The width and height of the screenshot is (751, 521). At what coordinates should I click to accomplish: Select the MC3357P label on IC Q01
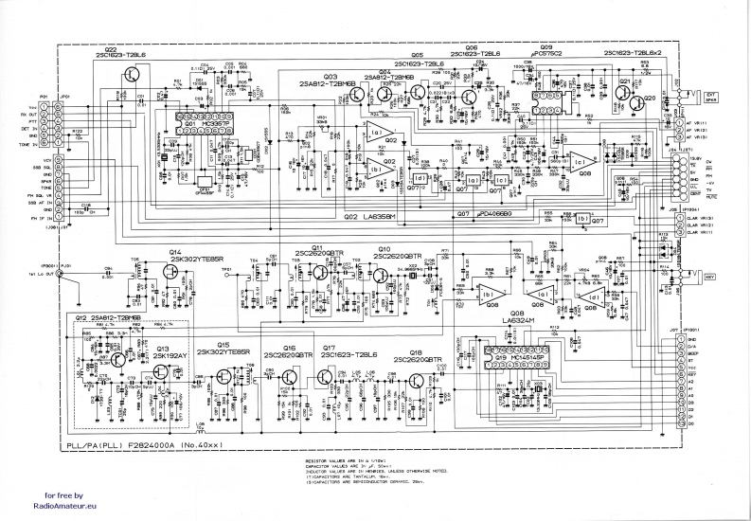click(212, 122)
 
